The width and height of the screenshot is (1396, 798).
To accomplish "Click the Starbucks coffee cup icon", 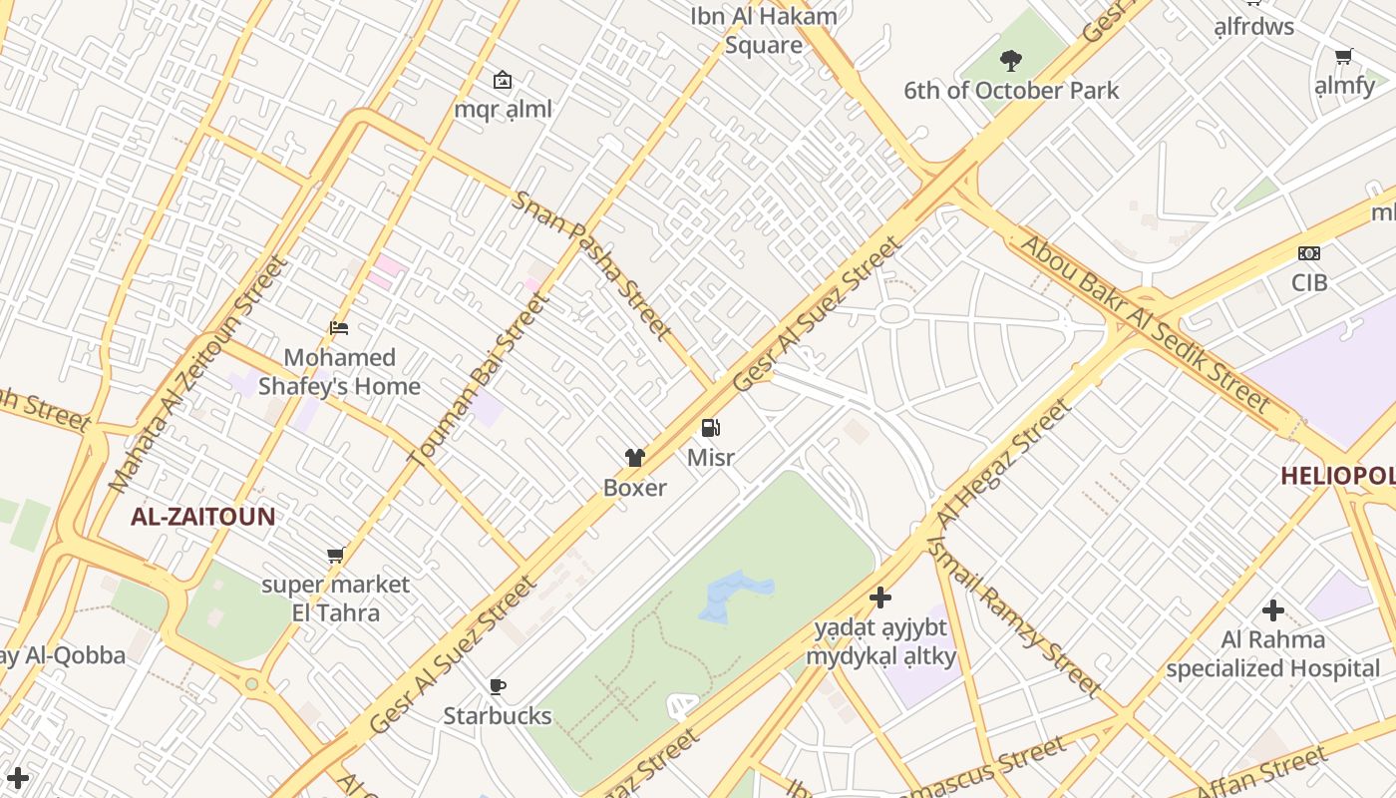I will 497,686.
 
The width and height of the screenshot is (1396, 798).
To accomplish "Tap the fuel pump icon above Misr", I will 711,429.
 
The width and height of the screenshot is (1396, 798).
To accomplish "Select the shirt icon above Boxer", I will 635,458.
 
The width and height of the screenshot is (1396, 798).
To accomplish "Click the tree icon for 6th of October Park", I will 1011,61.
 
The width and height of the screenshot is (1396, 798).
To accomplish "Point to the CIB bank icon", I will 1309,253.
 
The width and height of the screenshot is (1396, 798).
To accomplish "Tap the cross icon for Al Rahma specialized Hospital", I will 1273,609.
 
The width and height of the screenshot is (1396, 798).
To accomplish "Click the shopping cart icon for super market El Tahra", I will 336,556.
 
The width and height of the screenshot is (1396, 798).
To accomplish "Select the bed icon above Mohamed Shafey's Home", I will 339,327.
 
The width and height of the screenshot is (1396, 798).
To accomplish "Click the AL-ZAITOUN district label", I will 203,517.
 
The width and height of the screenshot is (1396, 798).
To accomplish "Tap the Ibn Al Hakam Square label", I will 764,31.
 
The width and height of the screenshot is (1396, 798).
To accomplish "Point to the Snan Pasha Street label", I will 591,263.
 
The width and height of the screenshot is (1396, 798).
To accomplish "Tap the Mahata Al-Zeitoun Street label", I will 197,374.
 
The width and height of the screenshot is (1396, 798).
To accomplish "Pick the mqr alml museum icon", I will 503,80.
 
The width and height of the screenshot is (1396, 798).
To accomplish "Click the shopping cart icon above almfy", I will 1343,57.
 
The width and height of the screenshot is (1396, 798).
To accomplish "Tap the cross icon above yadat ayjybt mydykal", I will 880,598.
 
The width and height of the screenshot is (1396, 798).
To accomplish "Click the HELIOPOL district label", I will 1337,476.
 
